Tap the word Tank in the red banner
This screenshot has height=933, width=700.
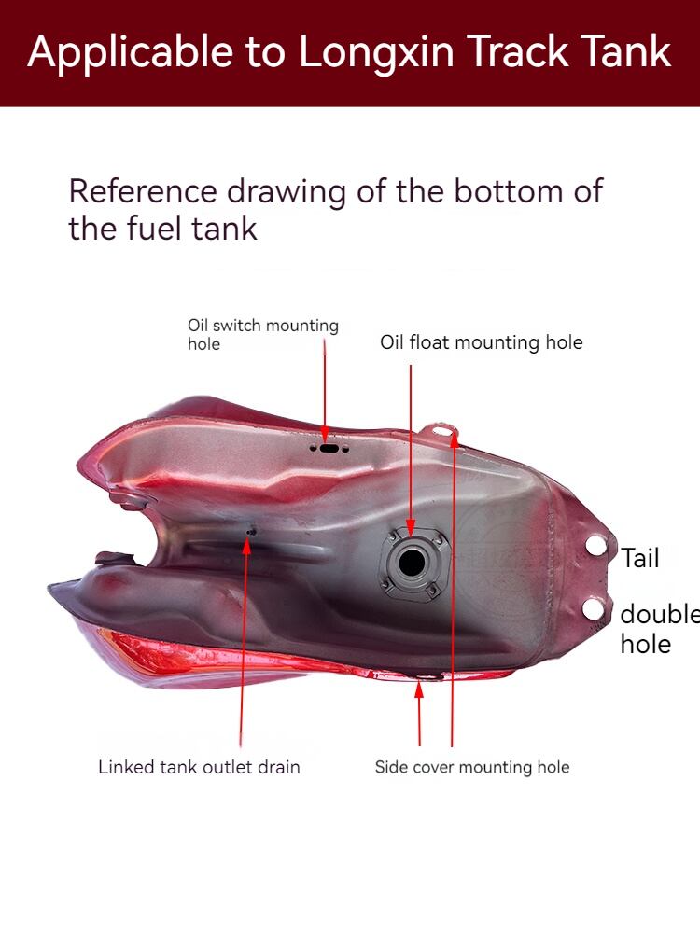[x=626, y=52]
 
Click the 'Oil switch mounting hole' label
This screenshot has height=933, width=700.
[x=262, y=334]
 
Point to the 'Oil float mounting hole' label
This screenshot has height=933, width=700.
[x=481, y=342]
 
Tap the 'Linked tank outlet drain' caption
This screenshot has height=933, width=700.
[x=199, y=767]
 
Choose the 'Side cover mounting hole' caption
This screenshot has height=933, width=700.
[x=471, y=767]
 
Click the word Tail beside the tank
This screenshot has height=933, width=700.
[x=640, y=558]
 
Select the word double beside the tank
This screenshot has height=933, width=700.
[x=659, y=614]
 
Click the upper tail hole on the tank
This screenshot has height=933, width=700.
[x=595, y=547]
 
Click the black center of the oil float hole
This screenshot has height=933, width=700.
[x=411, y=563]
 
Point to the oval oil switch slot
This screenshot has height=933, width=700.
[x=328, y=448]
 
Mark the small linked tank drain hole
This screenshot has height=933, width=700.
[x=250, y=533]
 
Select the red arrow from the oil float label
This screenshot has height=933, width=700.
[x=411, y=448]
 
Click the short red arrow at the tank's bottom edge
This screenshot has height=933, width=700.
[x=419, y=714]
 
